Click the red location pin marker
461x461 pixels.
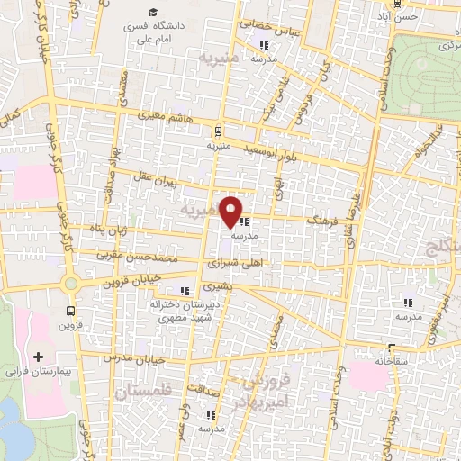tap(232, 211)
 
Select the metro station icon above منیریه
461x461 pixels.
tap(221, 129)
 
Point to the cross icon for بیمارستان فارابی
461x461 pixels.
tap(38, 357)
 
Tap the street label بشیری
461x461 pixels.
tap(215, 287)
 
